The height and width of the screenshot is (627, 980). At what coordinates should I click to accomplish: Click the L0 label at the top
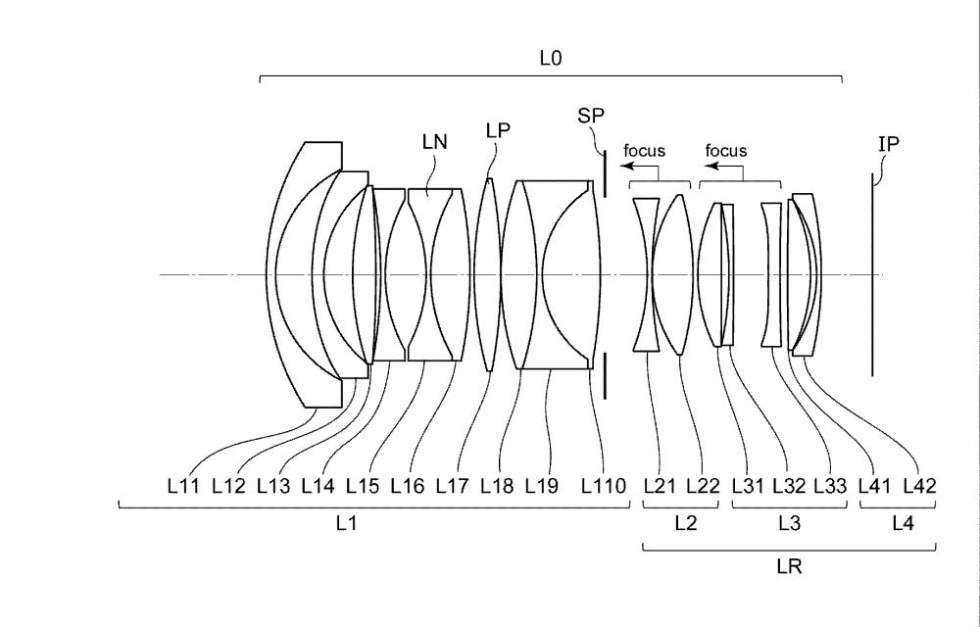point(551,58)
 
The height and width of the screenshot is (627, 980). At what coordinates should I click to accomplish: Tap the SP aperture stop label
point(591,116)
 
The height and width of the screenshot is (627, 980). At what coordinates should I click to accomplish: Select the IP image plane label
point(889,144)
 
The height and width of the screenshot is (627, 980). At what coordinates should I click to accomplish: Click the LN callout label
point(435,142)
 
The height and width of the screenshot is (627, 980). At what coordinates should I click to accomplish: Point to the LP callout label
point(498,130)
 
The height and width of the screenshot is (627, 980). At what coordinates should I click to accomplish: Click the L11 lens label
point(183,486)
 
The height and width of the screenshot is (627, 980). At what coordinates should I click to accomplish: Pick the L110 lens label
point(603,486)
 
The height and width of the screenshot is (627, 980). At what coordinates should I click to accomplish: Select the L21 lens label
point(660,486)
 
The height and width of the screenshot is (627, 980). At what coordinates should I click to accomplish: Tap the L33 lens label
point(831,486)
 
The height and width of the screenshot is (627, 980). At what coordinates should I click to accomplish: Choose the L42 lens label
point(920,486)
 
